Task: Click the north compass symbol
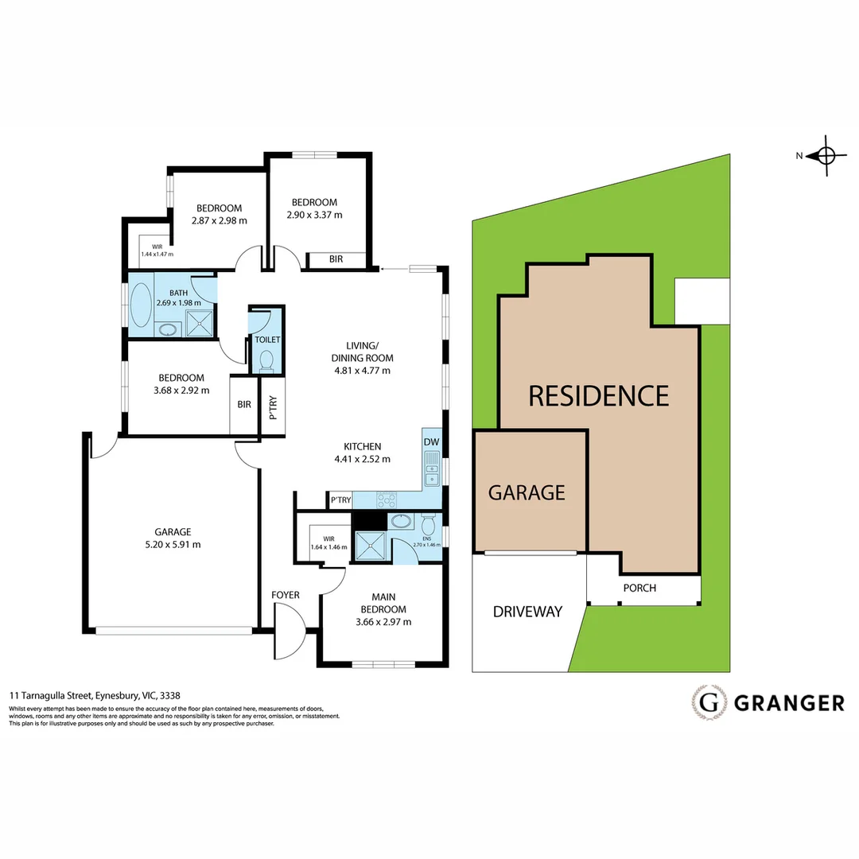[825, 156]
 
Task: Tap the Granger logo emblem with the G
[709, 702]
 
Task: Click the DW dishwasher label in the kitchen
[431, 442]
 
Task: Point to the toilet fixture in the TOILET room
[266, 360]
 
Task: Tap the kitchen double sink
[431, 468]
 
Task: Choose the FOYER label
[286, 595]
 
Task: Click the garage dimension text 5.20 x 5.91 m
[173, 544]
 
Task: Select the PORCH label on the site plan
[639, 589]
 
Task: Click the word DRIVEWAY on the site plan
[527, 612]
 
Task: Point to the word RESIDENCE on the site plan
[598, 395]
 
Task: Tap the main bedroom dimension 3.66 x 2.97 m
[383, 622]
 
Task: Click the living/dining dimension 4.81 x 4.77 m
[361, 370]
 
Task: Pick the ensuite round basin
[400, 522]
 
